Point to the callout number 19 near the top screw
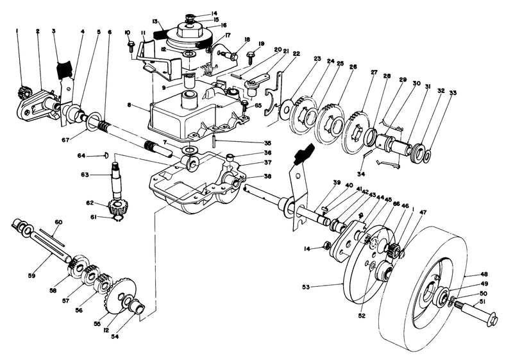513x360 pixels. (260, 44)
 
